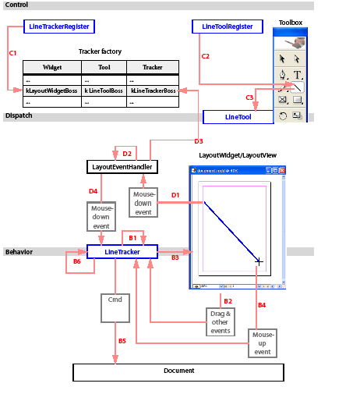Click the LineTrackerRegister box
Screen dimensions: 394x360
pos(59,27)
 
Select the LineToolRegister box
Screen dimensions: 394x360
pos(227,27)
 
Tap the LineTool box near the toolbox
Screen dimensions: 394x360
pos(238,116)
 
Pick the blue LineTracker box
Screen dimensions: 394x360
pos(122,251)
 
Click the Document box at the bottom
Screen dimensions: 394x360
pos(178,371)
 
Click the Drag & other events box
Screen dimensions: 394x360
pos(221,321)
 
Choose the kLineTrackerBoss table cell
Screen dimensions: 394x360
pos(153,91)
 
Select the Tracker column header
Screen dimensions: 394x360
pos(153,67)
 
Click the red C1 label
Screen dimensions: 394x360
pos(12,53)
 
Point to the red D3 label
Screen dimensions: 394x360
pos(198,141)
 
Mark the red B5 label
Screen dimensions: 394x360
pos(122,341)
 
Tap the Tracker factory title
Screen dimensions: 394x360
pos(100,51)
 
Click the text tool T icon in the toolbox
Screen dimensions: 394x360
pos(298,75)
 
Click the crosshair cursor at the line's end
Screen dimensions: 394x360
pos(259,261)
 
